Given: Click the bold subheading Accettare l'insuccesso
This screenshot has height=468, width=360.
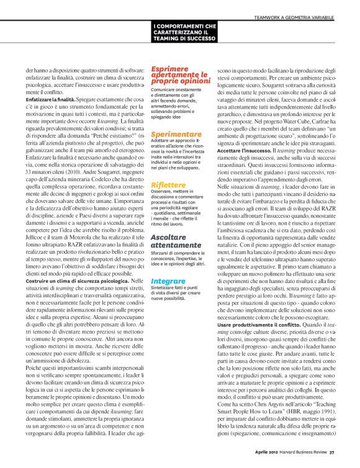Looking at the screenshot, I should pyautogui.click(x=243, y=151).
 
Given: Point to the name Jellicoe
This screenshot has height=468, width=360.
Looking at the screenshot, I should pyautogui.click(x=37, y=230).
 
